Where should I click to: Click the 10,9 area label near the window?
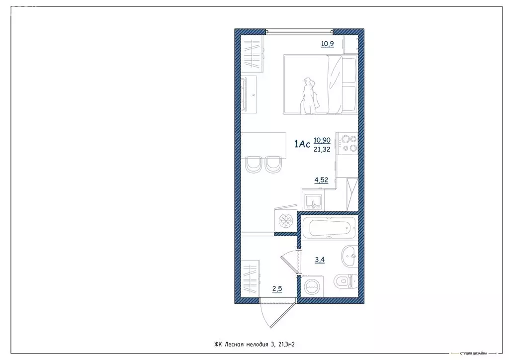pyautogui.click(x=327, y=44)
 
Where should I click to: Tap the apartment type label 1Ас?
pyautogui.click(x=302, y=145)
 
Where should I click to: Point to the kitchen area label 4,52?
pyautogui.click(x=321, y=180)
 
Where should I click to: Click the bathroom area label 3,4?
pyautogui.click(x=321, y=259)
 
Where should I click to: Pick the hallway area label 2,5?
pyautogui.click(x=277, y=288)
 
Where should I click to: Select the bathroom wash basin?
pyautogui.click(x=348, y=257)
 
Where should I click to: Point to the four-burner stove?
pyautogui.click(x=346, y=143)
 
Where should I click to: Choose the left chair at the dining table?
pyautogui.click(x=253, y=164)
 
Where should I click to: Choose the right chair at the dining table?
pyautogui.click(x=273, y=164)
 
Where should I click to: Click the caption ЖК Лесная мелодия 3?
pyautogui.click(x=257, y=344)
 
